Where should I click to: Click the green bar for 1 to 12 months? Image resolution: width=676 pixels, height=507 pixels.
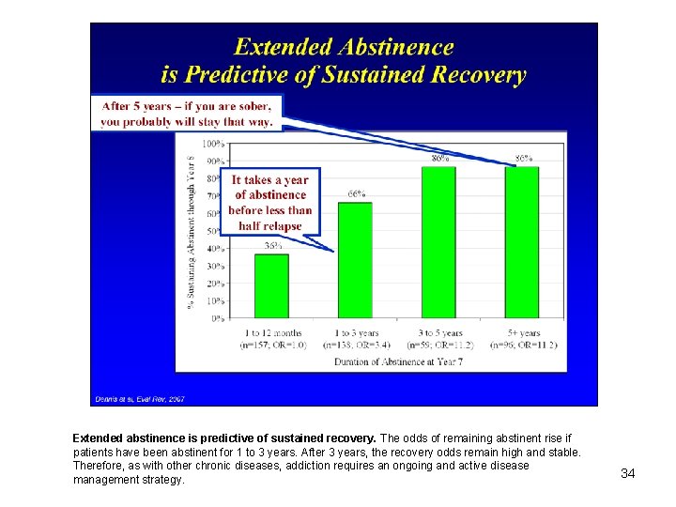pyautogui.click(x=271, y=285)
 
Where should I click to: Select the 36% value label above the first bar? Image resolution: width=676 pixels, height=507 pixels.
pyautogui.click(x=272, y=246)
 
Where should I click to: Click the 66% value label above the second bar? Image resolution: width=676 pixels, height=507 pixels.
pyautogui.click(x=356, y=194)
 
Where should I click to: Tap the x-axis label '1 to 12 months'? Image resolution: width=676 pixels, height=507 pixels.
pyautogui.click(x=272, y=333)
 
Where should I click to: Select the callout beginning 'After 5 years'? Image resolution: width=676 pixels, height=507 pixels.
pyautogui.click(x=187, y=114)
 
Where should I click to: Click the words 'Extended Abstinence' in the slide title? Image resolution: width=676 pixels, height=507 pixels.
pyautogui.click(x=344, y=48)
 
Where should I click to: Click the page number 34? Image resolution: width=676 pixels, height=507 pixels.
pyautogui.click(x=628, y=473)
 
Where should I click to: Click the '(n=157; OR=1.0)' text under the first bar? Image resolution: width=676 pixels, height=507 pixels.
pyautogui.click(x=272, y=346)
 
